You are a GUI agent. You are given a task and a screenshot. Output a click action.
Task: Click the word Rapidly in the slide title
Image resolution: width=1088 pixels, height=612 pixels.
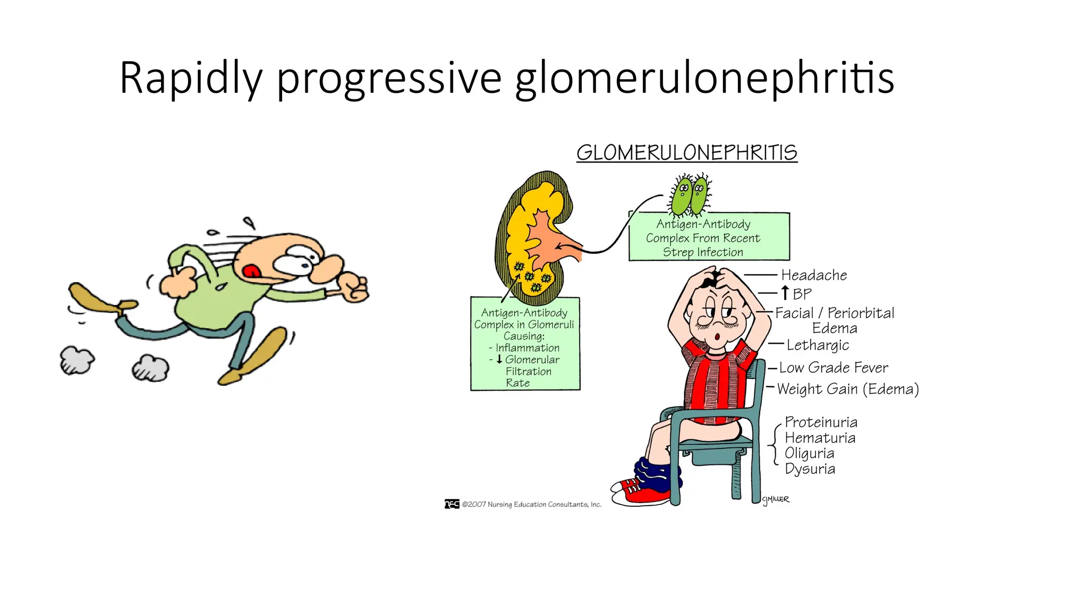[190, 79]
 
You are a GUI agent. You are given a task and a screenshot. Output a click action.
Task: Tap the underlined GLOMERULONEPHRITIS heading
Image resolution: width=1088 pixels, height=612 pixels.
[686, 153]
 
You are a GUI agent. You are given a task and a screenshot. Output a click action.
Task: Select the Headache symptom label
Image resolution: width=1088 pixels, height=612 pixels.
[814, 275]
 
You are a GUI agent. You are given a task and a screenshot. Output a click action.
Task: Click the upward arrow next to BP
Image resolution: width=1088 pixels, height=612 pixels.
[785, 293]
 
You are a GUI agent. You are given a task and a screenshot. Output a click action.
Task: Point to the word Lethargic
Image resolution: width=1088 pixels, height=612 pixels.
[818, 345]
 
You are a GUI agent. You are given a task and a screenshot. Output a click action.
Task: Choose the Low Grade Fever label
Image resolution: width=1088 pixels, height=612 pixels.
[834, 368]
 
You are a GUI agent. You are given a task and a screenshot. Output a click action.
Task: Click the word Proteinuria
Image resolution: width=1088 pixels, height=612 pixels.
[821, 422]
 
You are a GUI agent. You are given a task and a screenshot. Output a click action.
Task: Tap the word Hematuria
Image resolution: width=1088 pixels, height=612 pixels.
[820, 438]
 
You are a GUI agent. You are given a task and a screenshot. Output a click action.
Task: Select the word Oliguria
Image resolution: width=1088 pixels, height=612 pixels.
[809, 454]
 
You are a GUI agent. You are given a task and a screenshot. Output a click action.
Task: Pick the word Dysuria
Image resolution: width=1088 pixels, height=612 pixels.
[810, 469]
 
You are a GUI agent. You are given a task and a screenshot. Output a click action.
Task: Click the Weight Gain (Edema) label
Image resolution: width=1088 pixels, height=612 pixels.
[848, 389]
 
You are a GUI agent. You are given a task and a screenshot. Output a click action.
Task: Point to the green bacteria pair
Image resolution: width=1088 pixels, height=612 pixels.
[690, 195]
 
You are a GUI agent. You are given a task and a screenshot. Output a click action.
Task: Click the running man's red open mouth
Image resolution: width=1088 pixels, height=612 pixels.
[251, 271]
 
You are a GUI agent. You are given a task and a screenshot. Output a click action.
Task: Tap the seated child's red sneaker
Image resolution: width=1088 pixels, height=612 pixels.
[641, 491]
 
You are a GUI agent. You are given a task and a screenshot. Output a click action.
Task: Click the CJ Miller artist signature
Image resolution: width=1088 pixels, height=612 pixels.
[776, 499]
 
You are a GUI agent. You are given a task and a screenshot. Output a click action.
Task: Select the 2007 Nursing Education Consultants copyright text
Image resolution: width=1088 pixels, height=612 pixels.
[531, 505]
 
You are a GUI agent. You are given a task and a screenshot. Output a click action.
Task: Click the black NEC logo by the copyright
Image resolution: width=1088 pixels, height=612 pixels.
[452, 504]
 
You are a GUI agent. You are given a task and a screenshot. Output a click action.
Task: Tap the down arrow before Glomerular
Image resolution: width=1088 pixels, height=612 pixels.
[499, 360]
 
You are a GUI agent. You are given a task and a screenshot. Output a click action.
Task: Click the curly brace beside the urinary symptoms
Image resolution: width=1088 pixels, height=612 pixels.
[775, 445]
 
